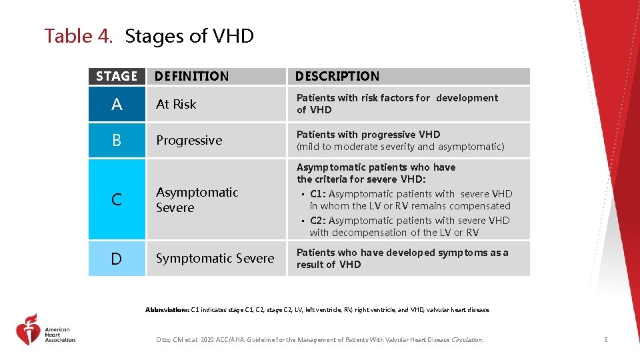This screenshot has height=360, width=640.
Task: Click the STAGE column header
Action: click(x=117, y=77)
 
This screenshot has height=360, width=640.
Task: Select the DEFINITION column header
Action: click(x=191, y=77)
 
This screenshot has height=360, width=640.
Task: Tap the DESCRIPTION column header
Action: click(x=337, y=77)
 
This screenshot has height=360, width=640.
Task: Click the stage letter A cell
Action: click(x=117, y=104)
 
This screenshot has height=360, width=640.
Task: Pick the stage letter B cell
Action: click(x=117, y=141)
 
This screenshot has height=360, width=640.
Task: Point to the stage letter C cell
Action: click(x=117, y=199)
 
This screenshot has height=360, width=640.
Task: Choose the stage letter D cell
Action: click(x=117, y=259)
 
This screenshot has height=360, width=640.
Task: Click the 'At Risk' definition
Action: click(x=176, y=104)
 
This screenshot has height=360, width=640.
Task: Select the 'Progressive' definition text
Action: click(x=189, y=141)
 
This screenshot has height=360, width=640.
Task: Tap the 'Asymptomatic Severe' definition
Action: click(x=197, y=200)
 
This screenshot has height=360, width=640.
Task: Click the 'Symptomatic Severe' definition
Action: click(x=215, y=259)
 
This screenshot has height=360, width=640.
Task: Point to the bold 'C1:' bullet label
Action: click(x=318, y=194)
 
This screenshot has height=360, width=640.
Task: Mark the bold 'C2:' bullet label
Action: click(x=318, y=221)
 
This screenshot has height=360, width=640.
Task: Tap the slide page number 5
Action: click(x=605, y=340)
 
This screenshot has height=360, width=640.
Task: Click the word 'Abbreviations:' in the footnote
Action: click(x=167, y=310)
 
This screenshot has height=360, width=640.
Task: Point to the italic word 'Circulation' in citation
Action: click(x=466, y=340)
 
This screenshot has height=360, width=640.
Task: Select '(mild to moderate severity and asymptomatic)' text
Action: click(x=400, y=147)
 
